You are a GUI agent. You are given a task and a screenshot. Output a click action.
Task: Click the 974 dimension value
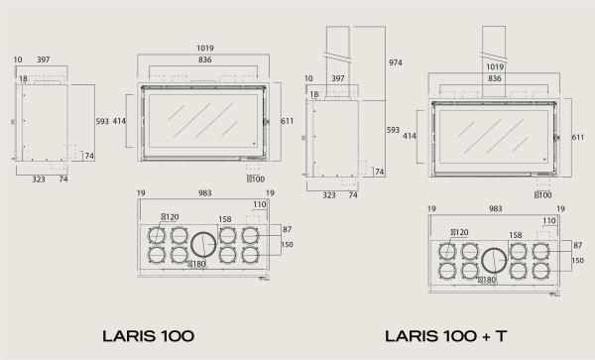[395, 62]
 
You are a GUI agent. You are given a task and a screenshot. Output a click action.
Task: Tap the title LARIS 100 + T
[446, 336]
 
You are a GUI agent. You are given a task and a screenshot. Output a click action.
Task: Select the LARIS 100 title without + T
[149, 336]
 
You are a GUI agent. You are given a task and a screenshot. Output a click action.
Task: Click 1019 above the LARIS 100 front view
[205, 49]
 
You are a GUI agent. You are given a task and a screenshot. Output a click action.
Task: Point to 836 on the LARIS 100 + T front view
[495, 78]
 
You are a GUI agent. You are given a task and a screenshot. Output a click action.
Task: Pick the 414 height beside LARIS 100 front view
[119, 121]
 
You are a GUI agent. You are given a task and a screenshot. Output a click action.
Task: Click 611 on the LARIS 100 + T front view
[578, 137]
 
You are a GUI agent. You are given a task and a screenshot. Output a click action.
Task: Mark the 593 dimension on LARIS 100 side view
[102, 121]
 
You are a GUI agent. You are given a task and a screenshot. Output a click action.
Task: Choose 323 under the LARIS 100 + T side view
[329, 195]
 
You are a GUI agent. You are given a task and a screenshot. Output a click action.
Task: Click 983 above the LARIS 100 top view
[205, 193]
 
